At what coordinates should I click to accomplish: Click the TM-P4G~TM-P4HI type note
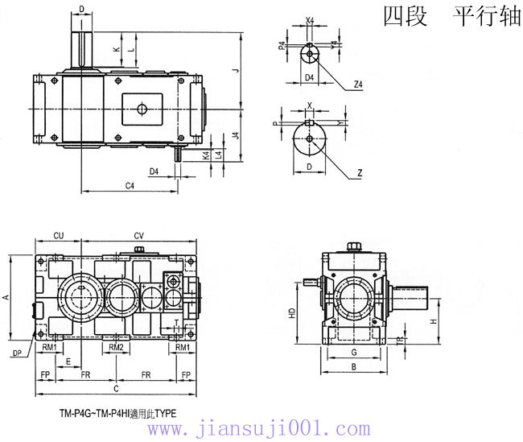[x=117, y=412]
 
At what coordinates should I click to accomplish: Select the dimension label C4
[x=130, y=185]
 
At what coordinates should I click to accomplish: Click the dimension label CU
[x=59, y=235]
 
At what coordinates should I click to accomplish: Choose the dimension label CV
[x=139, y=235]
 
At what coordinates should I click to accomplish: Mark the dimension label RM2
[x=116, y=347]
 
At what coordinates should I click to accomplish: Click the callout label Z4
[x=358, y=83]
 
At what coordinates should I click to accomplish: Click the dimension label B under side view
[x=354, y=367]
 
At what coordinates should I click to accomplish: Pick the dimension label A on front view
[x=6, y=297]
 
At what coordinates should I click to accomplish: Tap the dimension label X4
[x=310, y=21]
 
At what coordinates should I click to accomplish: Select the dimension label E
[x=68, y=361]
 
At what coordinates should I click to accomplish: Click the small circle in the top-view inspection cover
[x=142, y=109]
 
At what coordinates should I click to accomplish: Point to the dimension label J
[x=235, y=71]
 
